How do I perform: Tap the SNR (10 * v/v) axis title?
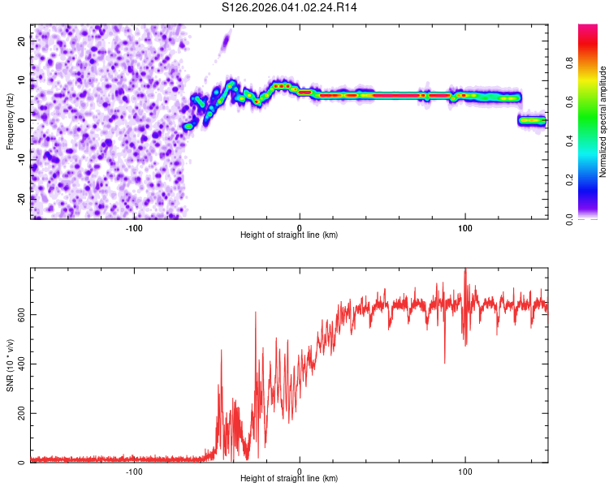click(x=11, y=365)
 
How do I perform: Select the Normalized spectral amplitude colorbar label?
click(x=603, y=122)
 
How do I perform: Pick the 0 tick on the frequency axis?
click(x=22, y=119)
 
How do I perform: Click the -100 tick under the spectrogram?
click(x=134, y=228)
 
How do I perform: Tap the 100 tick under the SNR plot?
click(x=465, y=472)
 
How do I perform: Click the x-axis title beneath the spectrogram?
click(x=288, y=235)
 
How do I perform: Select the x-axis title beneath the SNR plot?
click(x=288, y=479)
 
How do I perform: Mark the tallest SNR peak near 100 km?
click(x=465, y=271)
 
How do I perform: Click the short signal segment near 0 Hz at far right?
click(x=533, y=121)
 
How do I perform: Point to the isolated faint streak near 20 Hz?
click(x=225, y=40)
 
